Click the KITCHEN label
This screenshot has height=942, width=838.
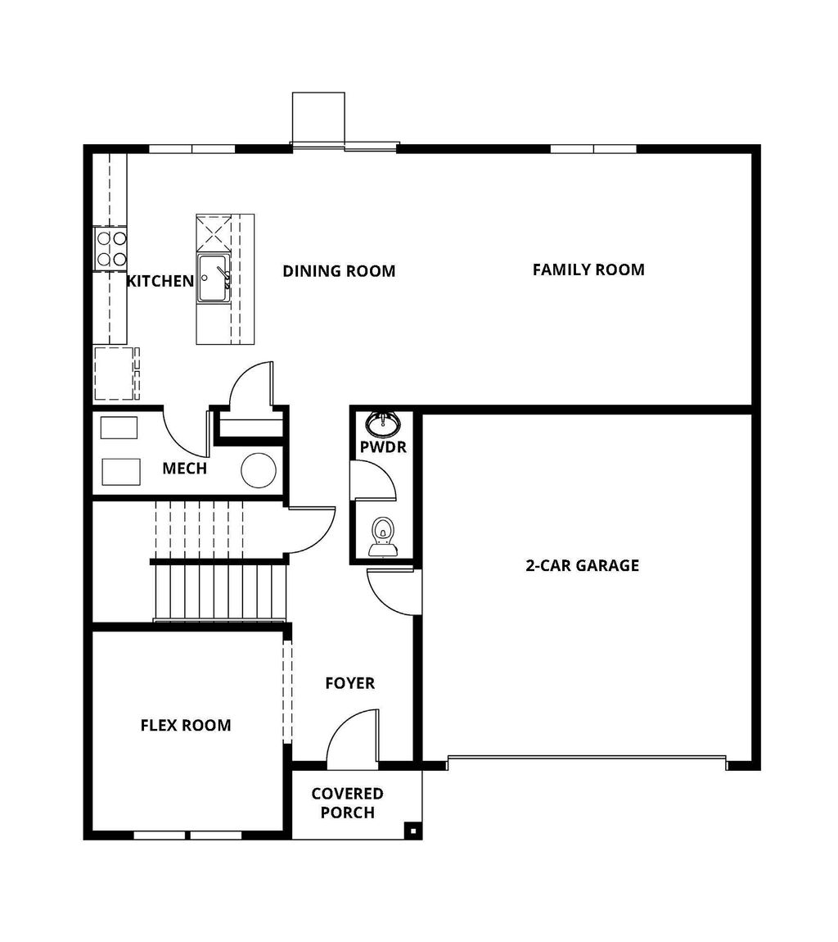click(160, 281)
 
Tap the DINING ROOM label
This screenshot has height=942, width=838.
click(339, 271)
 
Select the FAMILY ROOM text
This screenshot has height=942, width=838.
click(588, 269)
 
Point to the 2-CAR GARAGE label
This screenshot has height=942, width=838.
click(582, 565)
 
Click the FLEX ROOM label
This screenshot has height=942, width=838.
click(186, 725)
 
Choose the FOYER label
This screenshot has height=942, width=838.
click(349, 683)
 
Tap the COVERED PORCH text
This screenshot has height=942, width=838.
click(347, 803)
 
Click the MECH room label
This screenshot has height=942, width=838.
click(184, 469)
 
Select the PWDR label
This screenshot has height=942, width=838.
click(383, 447)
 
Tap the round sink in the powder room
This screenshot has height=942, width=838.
click(383, 423)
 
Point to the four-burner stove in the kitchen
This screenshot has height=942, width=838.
click(111, 248)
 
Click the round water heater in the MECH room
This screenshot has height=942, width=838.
click(259, 470)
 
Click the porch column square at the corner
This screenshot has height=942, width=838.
click(413, 831)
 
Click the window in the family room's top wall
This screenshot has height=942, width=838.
click(592, 149)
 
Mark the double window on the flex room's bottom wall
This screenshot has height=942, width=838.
click(187, 835)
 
